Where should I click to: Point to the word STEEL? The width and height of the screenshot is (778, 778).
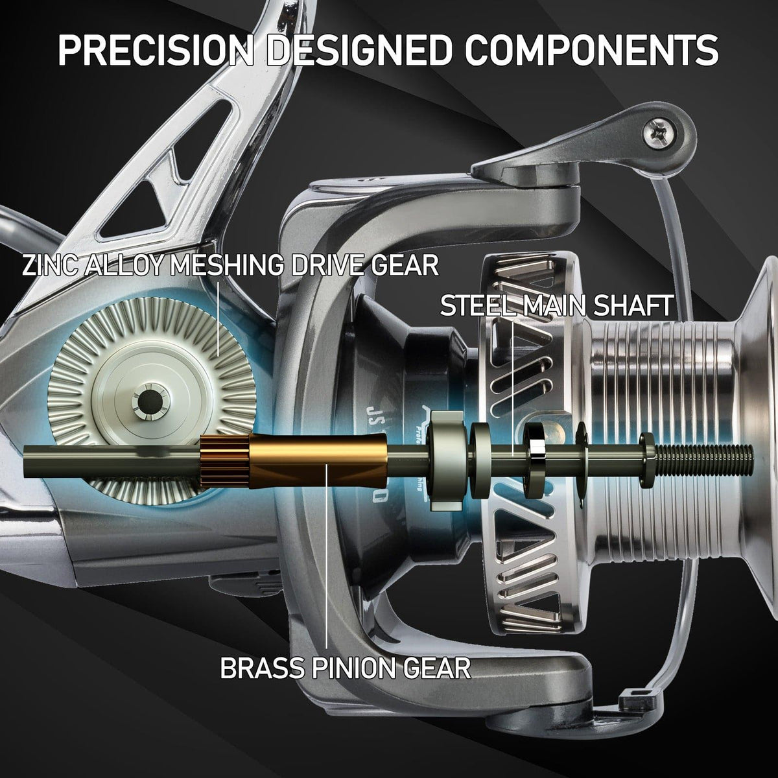(x=474, y=305)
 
